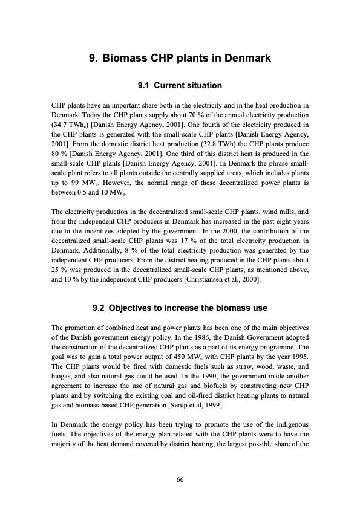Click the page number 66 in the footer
coord(180,479)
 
